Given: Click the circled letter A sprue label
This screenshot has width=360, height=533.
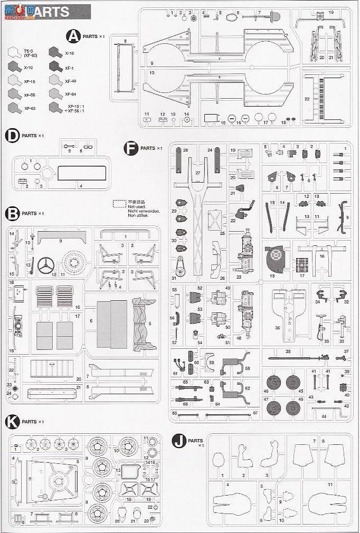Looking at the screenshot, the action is tap(72, 36).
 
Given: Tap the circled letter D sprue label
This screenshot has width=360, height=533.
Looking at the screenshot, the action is tap(12, 136).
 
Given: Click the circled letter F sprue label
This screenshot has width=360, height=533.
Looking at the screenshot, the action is tap(130, 148).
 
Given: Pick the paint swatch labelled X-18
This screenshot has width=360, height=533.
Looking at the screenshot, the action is tap(54, 52).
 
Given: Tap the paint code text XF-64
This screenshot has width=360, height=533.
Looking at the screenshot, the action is tap(70, 94).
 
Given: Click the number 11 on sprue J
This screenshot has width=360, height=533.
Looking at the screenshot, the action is tap(330, 484).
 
